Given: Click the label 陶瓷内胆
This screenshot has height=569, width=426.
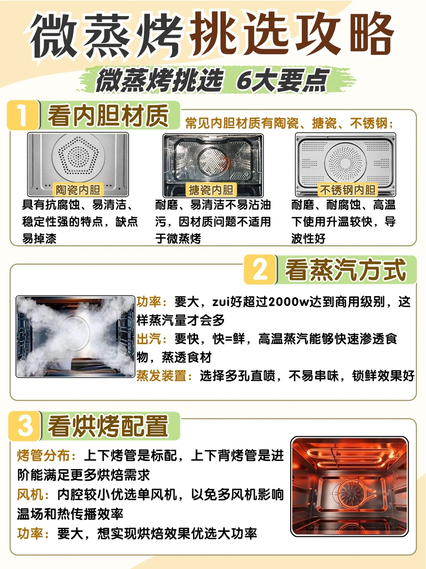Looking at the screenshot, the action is [x=78, y=190].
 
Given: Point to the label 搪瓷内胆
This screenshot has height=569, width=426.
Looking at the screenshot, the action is [x=211, y=190].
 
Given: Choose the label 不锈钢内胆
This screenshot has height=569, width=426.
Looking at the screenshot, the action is [x=348, y=190].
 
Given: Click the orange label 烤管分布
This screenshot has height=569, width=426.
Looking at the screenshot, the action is [x=43, y=455].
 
